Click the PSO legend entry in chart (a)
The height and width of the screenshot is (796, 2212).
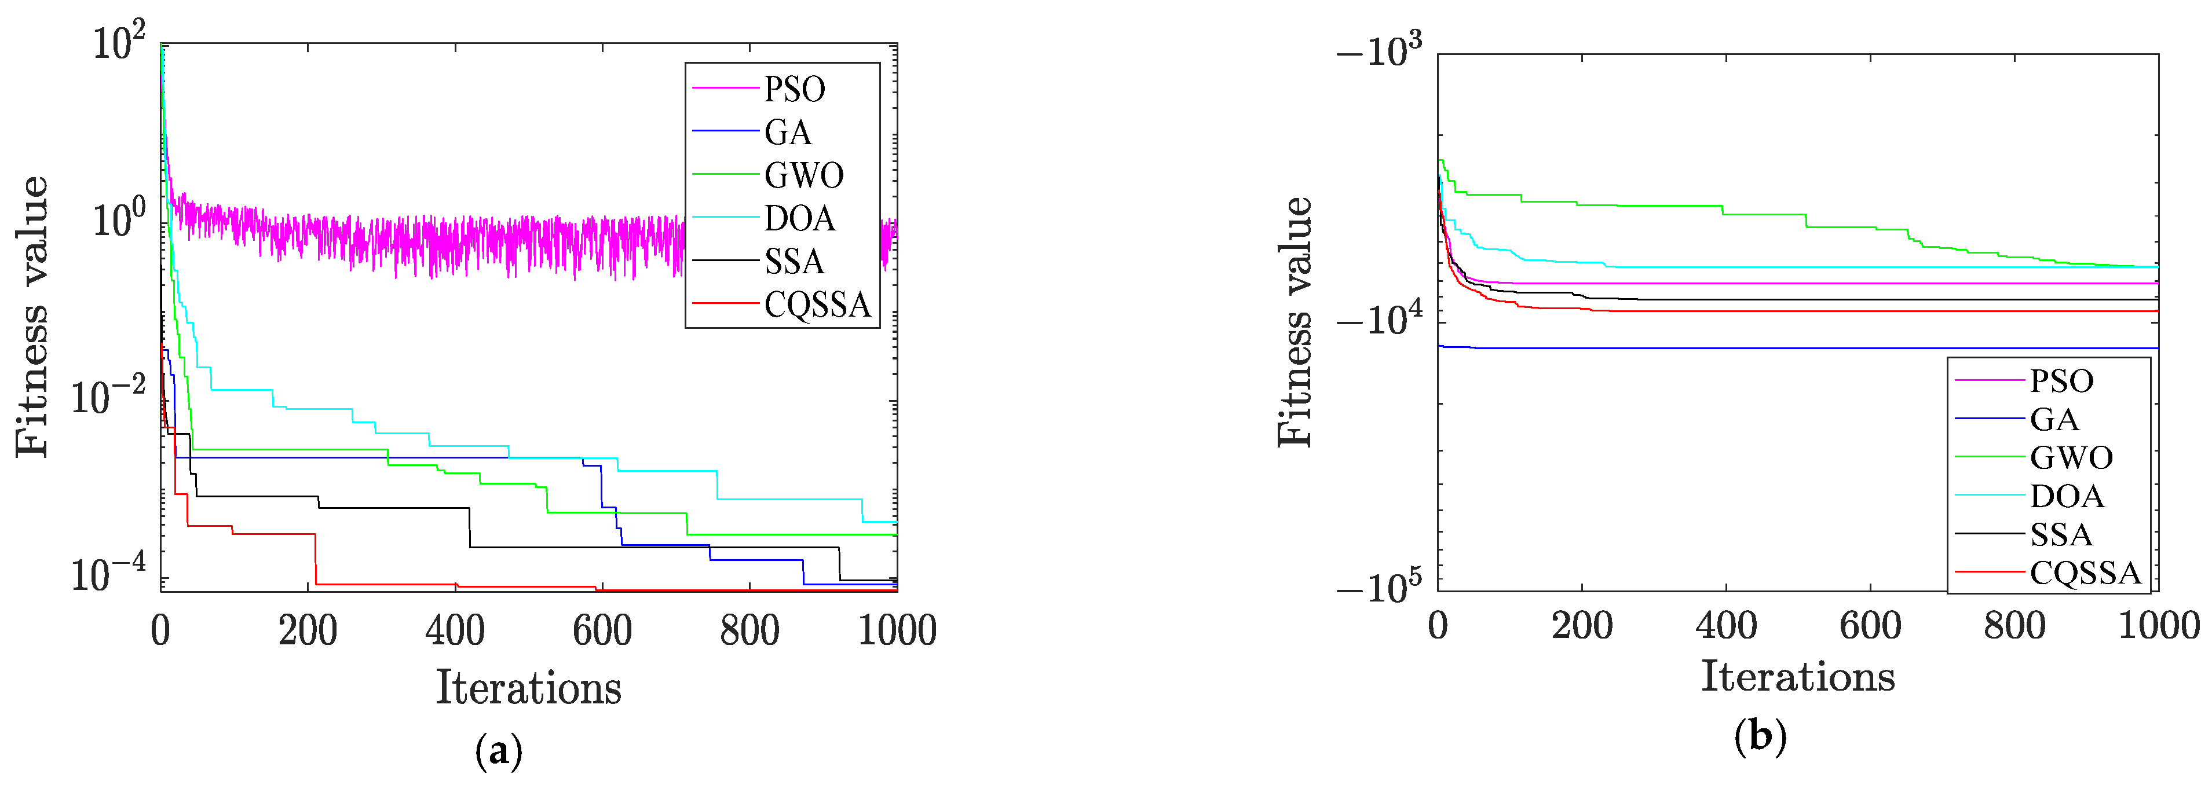pyautogui.click(x=794, y=89)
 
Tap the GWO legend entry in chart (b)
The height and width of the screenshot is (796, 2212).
pyautogui.click(x=2070, y=458)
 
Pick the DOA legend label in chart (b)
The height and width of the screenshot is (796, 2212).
pyautogui.click(x=2066, y=496)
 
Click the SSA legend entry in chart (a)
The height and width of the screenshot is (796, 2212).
pyautogui.click(x=794, y=262)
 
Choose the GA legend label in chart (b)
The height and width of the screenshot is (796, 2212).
pyautogui.click(x=2054, y=419)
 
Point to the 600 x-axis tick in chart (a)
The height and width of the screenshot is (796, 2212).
pyautogui.click(x=602, y=631)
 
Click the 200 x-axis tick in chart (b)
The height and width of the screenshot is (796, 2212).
pyautogui.click(x=1582, y=626)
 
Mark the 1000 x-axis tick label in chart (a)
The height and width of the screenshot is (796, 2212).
pyautogui.click(x=897, y=631)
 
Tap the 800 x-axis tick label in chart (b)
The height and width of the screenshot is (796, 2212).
pyautogui.click(x=2014, y=626)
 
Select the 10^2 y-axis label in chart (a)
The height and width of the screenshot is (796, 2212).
pyautogui.click(x=119, y=43)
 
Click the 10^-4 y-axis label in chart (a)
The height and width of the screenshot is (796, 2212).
pyautogui.click(x=108, y=574)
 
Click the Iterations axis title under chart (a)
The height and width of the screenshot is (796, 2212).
pyautogui.click(x=528, y=688)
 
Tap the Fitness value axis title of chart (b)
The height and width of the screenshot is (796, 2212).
pyautogui.click(x=1295, y=322)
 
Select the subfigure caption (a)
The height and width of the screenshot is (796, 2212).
pyautogui.click(x=498, y=751)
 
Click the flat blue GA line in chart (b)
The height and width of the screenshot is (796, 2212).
pyautogui.click(x=1803, y=348)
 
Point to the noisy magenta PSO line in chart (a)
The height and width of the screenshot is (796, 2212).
pyautogui.click(x=429, y=245)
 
